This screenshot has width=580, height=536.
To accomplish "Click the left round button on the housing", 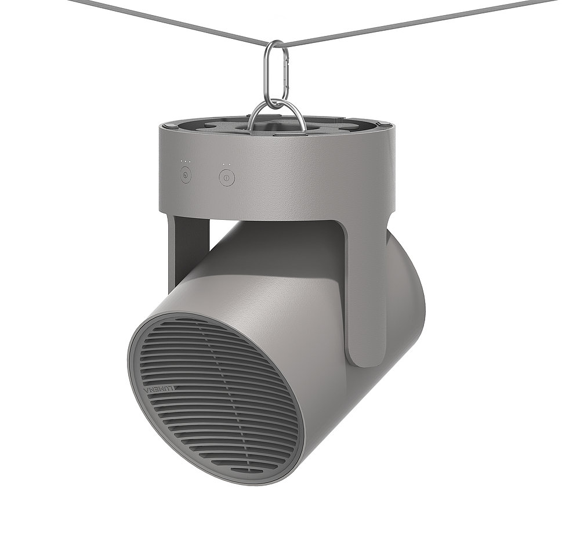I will (186, 175).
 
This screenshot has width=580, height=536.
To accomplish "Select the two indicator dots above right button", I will (227, 164).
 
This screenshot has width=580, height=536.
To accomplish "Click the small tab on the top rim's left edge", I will (166, 125).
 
